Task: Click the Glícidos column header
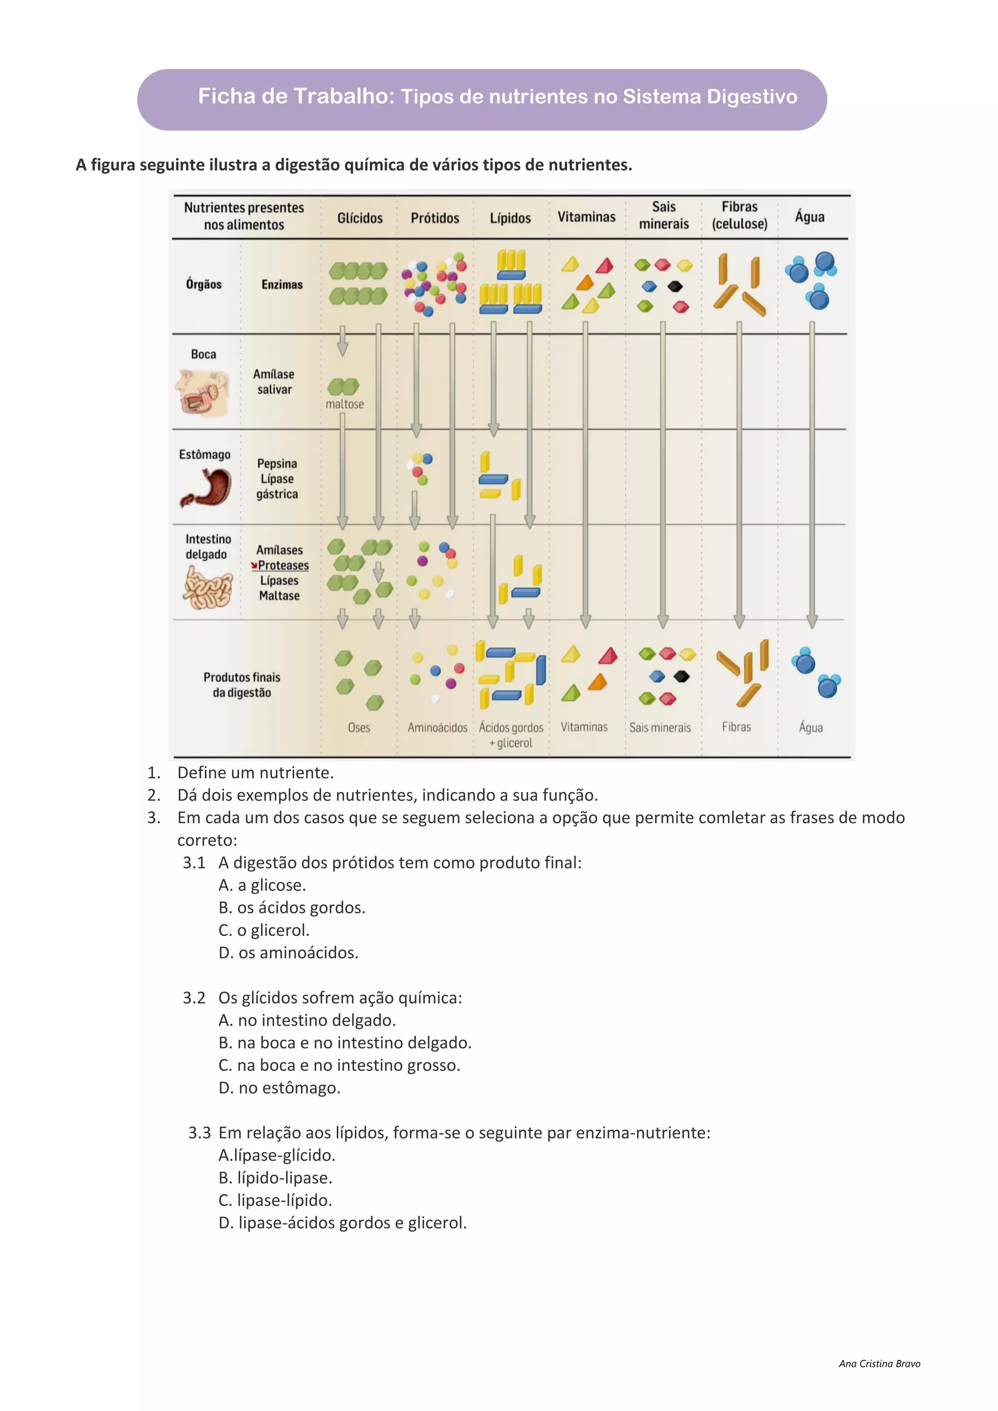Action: pyautogui.click(x=360, y=218)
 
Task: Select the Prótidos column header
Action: pyautogui.click(x=435, y=218)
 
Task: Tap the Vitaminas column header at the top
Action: pyautogui.click(x=586, y=217)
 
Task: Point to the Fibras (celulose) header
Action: pyautogui.click(x=739, y=215)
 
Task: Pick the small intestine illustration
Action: pyautogui.click(x=208, y=587)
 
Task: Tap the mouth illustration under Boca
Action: pyautogui.click(x=202, y=392)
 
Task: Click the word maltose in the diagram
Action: pyautogui.click(x=345, y=404)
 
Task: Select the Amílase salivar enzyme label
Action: pyautogui.click(x=274, y=381)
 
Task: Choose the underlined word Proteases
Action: pyautogui.click(x=283, y=565)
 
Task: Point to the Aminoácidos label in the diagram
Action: pyautogui.click(x=438, y=727)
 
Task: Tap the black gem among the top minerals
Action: pyautogui.click(x=675, y=286)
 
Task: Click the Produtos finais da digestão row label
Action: pyautogui.click(x=242, y=685)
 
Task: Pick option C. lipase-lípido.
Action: pyautogui.click(x=275, y=1200)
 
